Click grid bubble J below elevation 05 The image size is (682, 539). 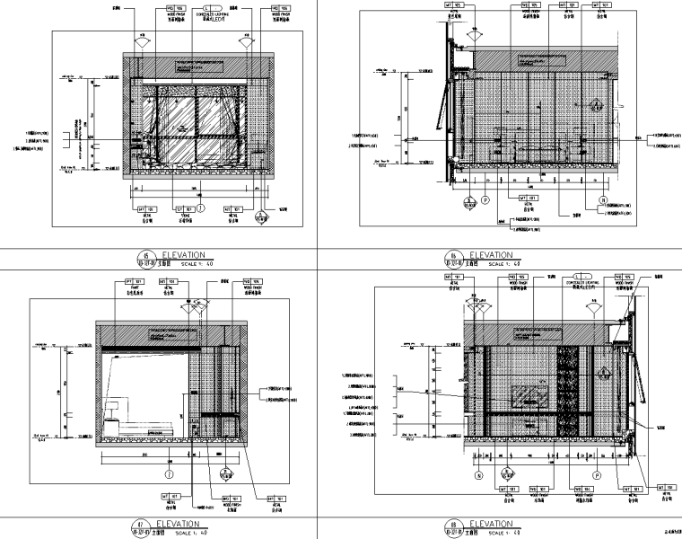(x=201, y=207)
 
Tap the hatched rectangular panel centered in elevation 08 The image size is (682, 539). (x=531, y=395)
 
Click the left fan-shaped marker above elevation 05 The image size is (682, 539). (x=142, y=41)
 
